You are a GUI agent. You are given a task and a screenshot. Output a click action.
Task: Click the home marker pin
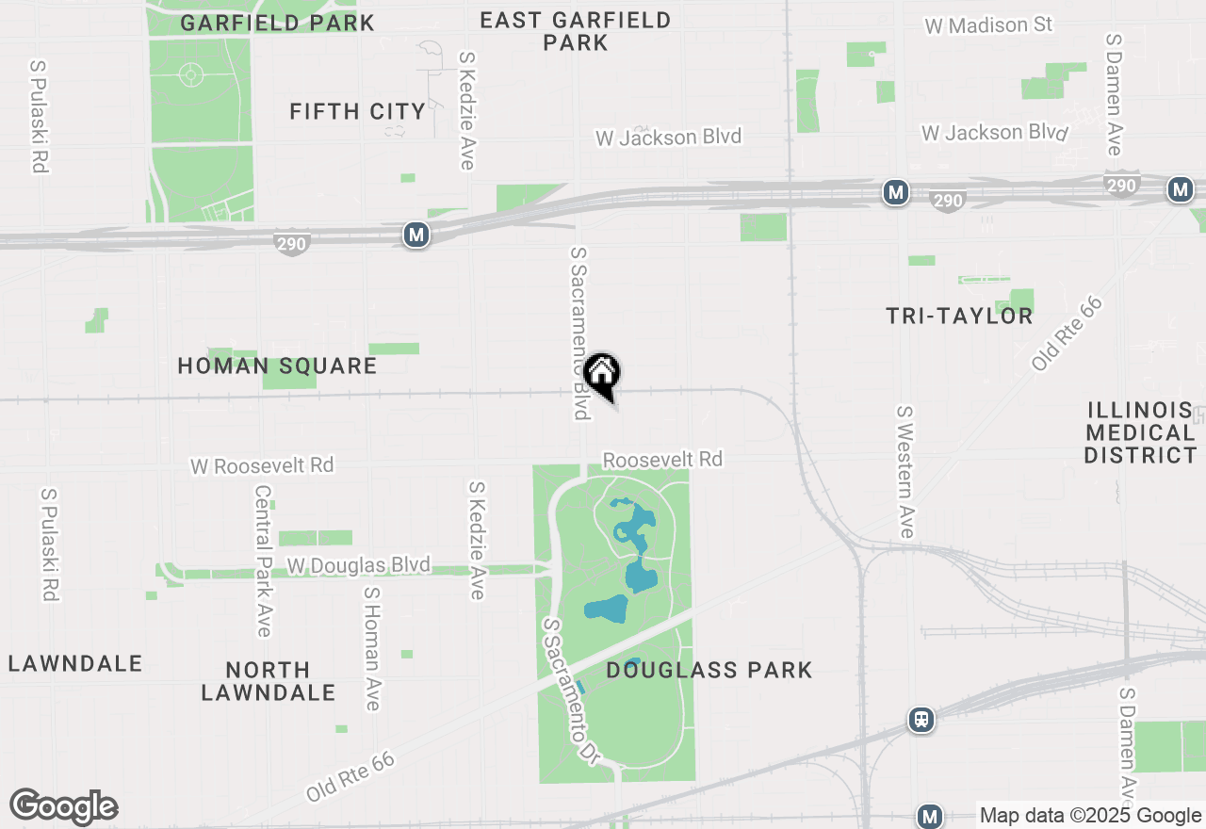click(601, 375)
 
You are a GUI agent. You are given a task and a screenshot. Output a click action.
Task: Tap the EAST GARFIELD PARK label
click(576, 31)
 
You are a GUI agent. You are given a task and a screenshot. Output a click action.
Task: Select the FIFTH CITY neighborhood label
click(358, 112)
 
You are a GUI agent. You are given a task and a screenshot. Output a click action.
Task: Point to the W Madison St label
click(988, 25)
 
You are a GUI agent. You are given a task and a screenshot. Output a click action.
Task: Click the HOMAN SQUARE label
click(277, 366)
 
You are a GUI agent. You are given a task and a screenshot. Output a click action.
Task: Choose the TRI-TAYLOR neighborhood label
click(959, 317)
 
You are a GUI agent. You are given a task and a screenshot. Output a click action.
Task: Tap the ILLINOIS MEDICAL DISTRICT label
click(1140, 433)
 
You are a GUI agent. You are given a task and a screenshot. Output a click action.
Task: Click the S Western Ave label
click(905, 472)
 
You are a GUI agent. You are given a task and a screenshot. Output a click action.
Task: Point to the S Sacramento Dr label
click(572, 691)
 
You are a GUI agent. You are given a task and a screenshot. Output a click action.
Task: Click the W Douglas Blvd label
click(359, 565)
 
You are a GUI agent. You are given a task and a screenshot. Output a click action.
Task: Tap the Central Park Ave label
click(263, 561)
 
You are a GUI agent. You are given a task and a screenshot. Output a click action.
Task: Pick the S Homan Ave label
click(372, 648)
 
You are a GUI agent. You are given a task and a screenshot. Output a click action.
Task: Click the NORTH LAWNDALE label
click(269, 681)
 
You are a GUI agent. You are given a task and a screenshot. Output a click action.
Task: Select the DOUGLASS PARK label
click(709, 671)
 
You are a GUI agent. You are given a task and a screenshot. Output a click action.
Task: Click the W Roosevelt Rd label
click(262, 465)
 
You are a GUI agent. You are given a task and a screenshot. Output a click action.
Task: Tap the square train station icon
click(921, 720)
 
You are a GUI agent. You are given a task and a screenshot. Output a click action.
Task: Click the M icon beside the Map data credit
click(930, 816)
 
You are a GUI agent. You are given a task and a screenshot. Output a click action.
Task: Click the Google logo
click(63, 807)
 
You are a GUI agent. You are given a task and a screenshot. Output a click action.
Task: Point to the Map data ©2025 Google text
click(1090, 816)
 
